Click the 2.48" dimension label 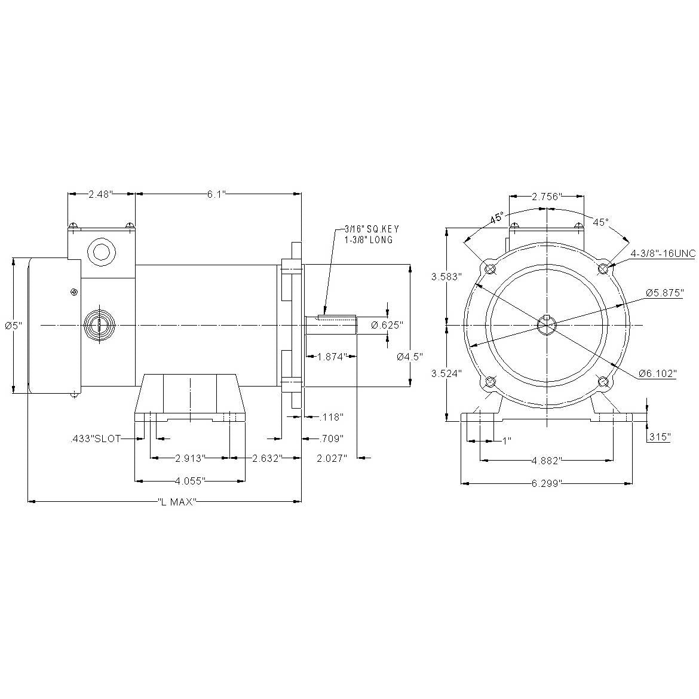(x=101, y=194)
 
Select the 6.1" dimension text (x=217, y=194)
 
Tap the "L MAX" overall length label (x=177, y=501)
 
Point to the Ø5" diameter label (x=13, y=326)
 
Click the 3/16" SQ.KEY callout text (x=372, y=229)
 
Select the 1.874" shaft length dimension (x=332, y=356)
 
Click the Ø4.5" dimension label (x=410, y=357)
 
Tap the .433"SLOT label (x=96, y=439)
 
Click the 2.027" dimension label (x=332, y=458)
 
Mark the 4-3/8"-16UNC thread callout (x=663, y=254)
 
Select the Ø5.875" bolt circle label (x=665, y=293)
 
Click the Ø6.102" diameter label (x=658, y=373)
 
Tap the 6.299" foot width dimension (x=547, y=483)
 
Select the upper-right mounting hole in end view (x=603, y=268)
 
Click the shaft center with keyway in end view (x=547, y=325)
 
